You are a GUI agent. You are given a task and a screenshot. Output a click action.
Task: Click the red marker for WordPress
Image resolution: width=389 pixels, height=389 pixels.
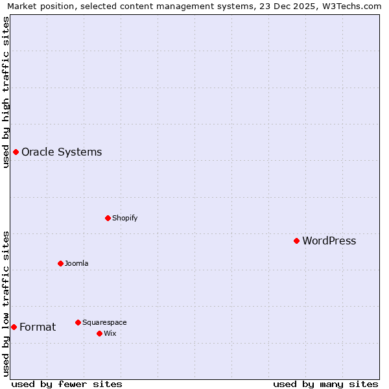(x=296, y=241)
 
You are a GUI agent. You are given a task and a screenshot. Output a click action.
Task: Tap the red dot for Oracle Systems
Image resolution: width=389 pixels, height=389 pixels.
(x=16, y=152)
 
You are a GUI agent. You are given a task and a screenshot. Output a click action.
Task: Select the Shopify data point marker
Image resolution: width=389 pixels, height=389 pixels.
(x=108, y=218)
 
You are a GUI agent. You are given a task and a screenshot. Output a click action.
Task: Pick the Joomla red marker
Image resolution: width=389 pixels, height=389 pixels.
(x=60, y=263)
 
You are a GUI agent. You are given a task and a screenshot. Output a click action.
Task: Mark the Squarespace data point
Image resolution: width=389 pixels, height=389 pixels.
(x=78, y=322)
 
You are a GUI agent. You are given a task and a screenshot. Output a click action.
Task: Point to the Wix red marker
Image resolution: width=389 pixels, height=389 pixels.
(x=99, y=333)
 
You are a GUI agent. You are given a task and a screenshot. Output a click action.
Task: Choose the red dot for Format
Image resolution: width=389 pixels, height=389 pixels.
(x=14, y=327)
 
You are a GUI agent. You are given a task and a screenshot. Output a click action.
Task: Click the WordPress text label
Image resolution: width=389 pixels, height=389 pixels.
(x=329, y=241)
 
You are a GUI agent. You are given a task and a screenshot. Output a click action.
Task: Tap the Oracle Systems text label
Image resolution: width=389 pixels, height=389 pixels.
(x=62, y=152)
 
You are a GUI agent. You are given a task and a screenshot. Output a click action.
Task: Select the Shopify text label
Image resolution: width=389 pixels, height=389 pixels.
(x=124, y=218)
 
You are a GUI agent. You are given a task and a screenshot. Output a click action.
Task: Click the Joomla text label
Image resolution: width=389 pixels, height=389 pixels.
(x=77, y=264)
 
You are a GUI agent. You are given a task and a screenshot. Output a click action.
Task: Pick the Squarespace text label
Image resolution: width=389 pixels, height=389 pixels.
(x=104, y=323)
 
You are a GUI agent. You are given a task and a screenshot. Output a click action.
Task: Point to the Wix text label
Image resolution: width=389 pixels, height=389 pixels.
(x=110, y=334)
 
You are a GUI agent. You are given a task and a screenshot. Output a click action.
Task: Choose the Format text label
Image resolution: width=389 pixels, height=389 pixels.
(x=38, y=327)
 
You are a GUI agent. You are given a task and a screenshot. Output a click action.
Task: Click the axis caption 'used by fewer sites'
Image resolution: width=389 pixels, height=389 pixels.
(x=67, y=384)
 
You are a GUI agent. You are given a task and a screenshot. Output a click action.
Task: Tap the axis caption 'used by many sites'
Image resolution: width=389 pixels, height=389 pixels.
(x=325, y=384)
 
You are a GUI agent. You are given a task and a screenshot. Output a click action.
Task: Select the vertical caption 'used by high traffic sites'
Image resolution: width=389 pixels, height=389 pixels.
(x=6, y=92)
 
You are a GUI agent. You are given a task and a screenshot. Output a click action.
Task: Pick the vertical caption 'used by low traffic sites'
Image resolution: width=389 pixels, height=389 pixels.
(x=6, y=303)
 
